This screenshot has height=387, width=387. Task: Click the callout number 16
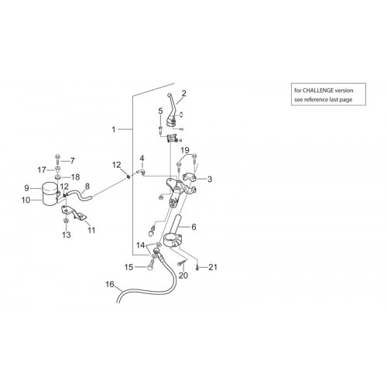point(110,284)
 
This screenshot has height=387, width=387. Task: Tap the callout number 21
point(213,267)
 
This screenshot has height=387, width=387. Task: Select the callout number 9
point(26,188)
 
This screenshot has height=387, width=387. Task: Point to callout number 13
point(67,235)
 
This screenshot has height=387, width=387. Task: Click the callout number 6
point(193,227)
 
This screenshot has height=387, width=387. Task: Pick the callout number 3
point(210,179)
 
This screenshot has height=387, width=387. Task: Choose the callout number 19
point(185,150)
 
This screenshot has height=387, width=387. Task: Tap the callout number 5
point(160,111)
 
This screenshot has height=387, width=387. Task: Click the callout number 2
point(183,93)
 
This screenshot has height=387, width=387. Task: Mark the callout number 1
point(114,129)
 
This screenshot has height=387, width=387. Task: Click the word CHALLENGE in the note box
point(317,91)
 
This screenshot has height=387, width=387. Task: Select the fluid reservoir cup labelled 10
point(50,194)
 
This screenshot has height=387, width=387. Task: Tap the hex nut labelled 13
point(66,221)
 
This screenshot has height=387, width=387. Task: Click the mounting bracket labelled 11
point(74,212)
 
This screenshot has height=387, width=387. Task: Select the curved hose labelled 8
point(77,193)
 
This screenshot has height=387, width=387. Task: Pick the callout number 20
point(183,276)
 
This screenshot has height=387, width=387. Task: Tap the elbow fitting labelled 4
point(141,172)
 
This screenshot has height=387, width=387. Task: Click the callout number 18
point(75,177)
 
